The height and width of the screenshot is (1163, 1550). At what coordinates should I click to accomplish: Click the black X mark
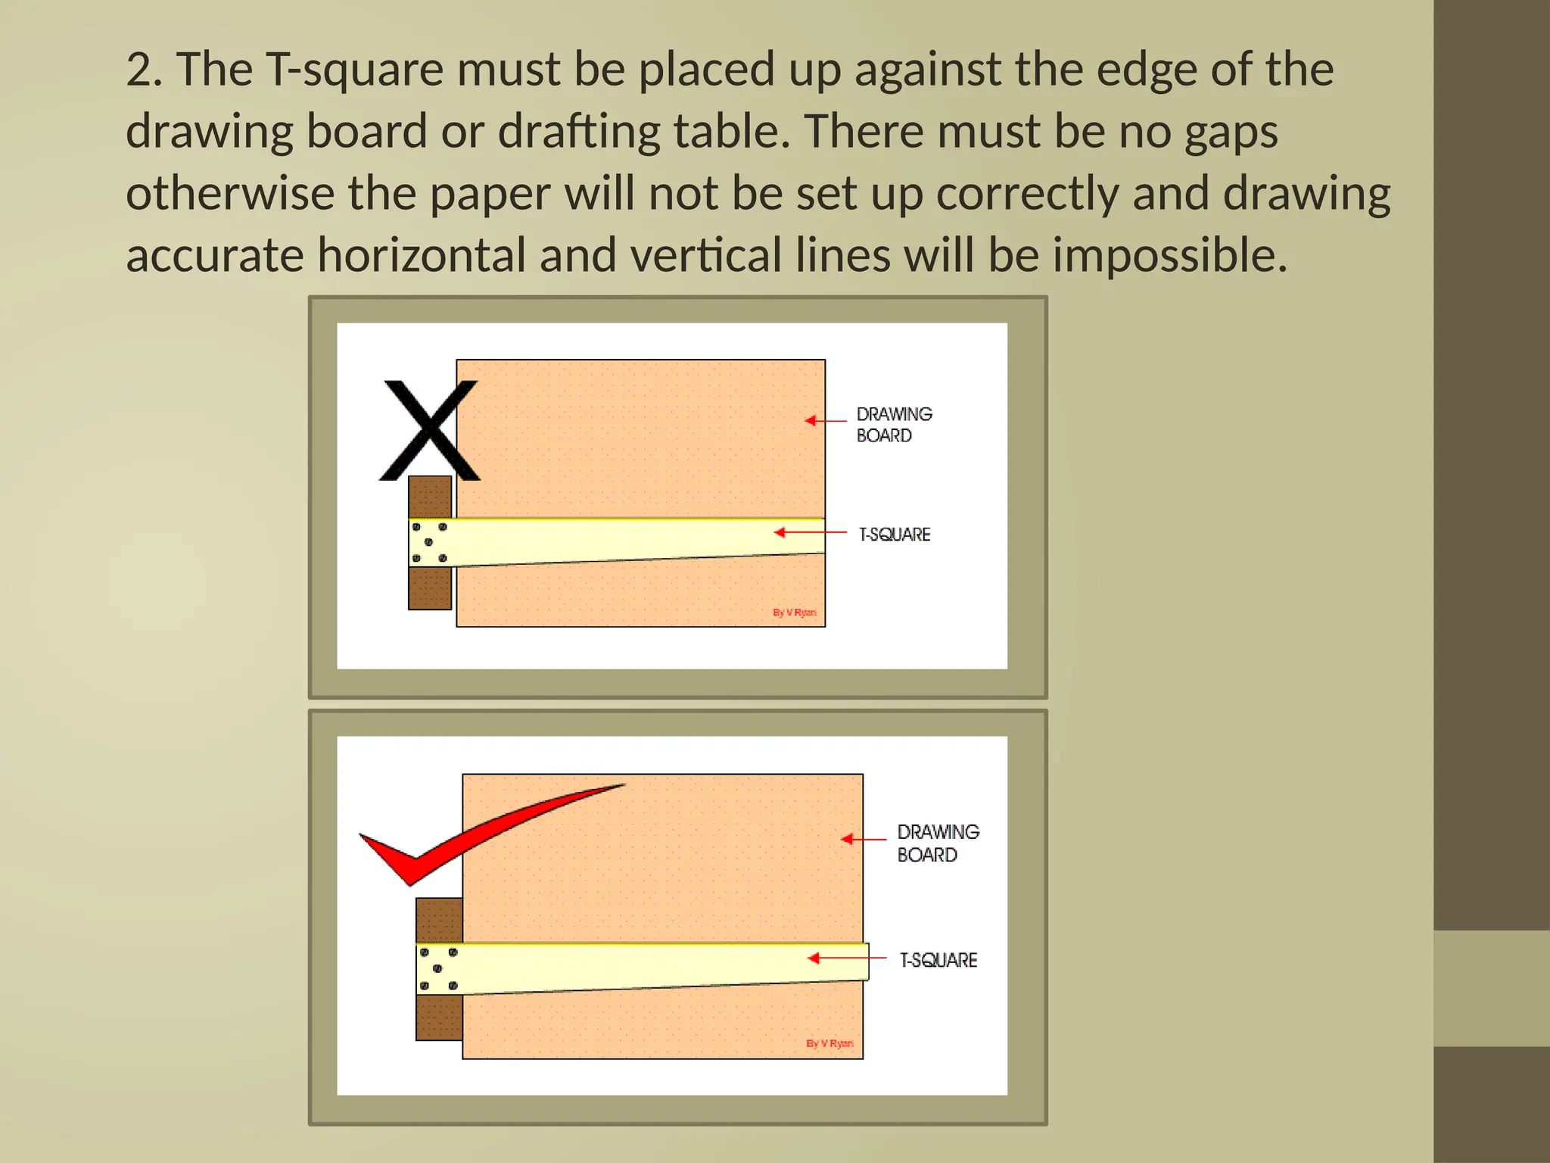430,430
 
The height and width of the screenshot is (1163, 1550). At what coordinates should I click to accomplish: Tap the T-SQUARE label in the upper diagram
894,535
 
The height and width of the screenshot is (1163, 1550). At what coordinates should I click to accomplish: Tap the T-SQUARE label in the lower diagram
938,960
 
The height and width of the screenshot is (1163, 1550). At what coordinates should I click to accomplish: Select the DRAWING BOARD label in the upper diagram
893,425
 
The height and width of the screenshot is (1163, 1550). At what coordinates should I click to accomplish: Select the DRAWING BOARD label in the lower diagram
938,843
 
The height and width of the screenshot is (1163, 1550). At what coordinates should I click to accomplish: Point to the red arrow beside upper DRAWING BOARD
825,420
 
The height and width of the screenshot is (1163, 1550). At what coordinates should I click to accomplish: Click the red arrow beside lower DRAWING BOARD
863,839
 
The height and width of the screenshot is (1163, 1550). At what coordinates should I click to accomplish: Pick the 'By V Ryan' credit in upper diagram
794,613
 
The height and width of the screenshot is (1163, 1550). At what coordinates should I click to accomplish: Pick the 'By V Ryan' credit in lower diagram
829,1043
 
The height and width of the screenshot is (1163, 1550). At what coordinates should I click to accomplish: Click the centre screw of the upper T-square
428,542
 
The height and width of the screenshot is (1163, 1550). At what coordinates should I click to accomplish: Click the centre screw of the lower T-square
437,968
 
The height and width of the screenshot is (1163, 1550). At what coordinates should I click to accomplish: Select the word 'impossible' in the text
1169,256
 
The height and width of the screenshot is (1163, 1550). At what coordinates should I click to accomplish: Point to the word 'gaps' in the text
1231,133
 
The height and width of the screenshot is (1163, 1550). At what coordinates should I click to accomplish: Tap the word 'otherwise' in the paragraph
230,194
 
